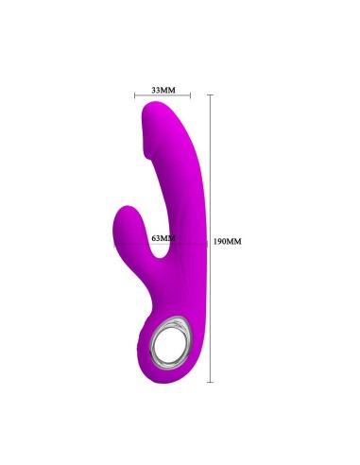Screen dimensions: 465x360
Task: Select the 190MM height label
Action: tap(229, 241)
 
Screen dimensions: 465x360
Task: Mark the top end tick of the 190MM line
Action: tap(210, 95)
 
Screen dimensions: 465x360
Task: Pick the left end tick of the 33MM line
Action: tap(134, 95)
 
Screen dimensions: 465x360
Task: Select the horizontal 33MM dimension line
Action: tap(163, 95)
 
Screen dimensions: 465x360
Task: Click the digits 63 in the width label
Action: tap(157, 238)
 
